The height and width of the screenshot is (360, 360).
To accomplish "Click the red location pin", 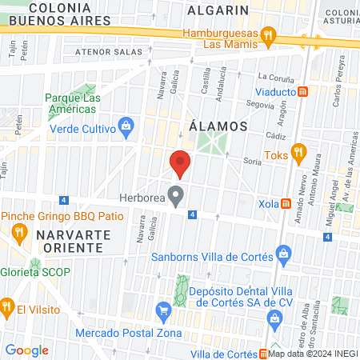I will (x=181, y=162).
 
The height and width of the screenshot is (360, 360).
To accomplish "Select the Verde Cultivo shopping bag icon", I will (x=126, y=125).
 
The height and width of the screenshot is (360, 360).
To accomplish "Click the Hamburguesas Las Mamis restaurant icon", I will (x=270, y=36).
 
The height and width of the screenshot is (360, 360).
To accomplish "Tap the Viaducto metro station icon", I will (x=303, y=92).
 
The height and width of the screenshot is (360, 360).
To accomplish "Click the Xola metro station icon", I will (x=286, y=204).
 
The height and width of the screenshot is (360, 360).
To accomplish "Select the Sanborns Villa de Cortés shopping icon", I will (x=282, y=255).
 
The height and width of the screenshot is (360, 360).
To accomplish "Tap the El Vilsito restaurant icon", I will (x=7, y=306).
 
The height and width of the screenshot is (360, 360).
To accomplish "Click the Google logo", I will (x=26, y=350).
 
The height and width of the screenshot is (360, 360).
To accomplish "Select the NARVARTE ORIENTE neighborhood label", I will (x=68, y=240).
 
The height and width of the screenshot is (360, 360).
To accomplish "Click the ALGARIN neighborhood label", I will (x=218, y=10).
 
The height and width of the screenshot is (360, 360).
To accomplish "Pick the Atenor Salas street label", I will (x=102, y=54).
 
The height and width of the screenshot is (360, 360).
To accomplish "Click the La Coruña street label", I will (x=276, y=78).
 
